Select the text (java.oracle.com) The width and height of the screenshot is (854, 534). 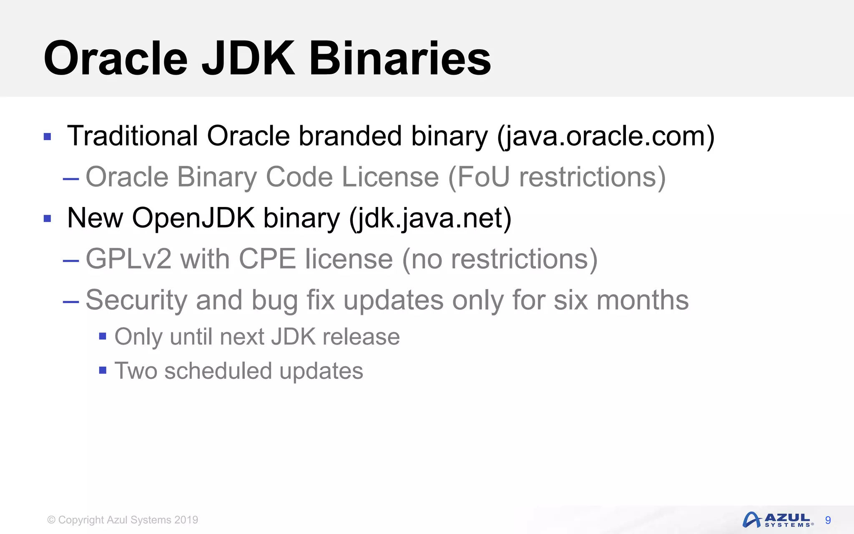coord(605,136)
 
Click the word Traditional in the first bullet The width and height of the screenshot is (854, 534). coord(132,136)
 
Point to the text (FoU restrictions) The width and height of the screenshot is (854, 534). coord(557,177)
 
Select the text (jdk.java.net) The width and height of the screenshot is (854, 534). coord(430,218)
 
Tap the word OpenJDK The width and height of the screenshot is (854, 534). coord(193,218)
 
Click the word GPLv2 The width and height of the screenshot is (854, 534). coord(128,259)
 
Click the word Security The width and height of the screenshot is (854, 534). coord(136,300)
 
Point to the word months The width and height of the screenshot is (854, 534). coord(642,300)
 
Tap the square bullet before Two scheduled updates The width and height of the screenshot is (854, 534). coord(103,370)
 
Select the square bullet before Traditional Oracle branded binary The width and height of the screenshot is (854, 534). coord(47,136)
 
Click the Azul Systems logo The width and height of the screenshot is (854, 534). coord(778,520)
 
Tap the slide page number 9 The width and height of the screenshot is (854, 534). coord(828,520)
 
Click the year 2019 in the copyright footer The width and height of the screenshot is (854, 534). coord(186,520)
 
